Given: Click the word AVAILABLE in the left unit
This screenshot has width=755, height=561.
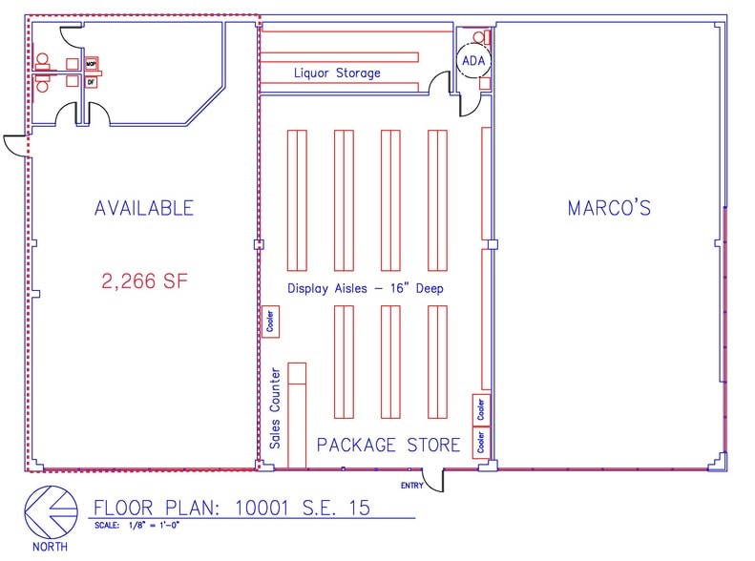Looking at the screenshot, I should point(143,208).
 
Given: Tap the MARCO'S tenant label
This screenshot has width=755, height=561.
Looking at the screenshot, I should point(609,208).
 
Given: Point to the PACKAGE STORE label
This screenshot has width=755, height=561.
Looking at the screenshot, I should point(388,445).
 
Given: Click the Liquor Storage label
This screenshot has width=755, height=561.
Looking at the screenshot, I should point(337,73).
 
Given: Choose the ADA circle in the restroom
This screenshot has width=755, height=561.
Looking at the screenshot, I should point(473,61).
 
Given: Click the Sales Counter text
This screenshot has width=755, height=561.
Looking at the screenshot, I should point(275,408).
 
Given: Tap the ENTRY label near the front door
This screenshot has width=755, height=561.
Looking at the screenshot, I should point(411,485).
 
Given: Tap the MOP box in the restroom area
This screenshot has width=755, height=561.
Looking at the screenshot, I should point(92,63).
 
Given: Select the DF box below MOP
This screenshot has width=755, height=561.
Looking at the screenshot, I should point(92,82).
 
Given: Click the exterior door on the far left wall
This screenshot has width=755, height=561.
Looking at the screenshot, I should point(15,145).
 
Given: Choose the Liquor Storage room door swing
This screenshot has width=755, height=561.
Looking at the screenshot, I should point(440,89).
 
